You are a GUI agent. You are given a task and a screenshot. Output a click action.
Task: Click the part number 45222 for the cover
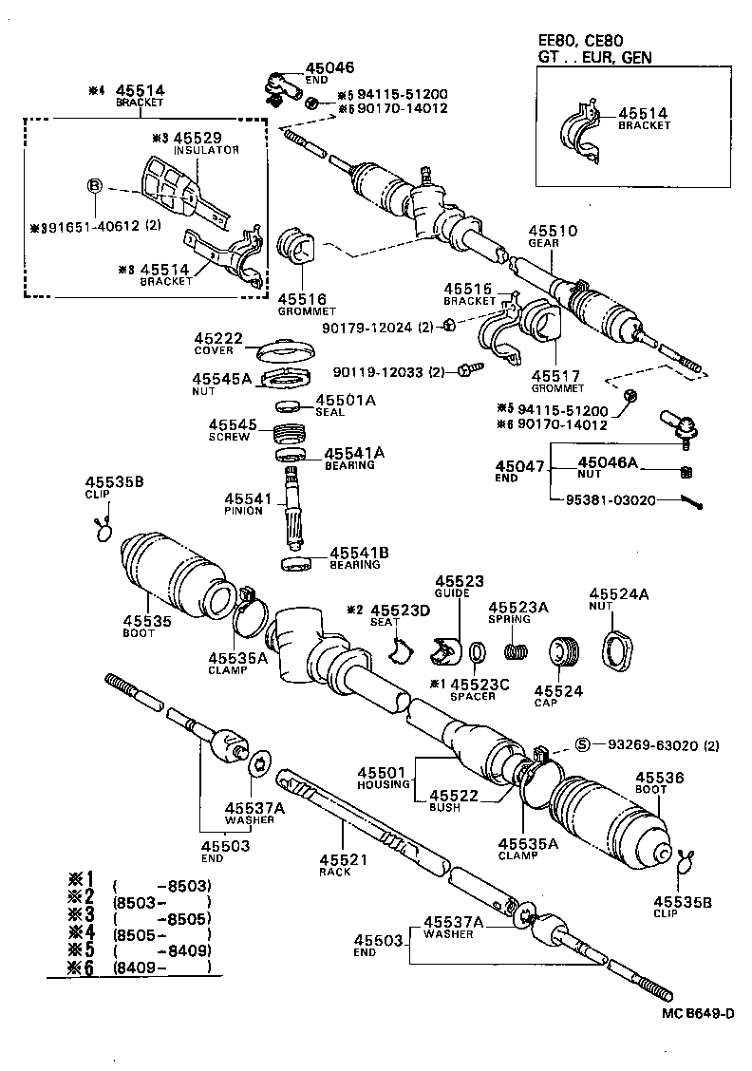tap(218, 338)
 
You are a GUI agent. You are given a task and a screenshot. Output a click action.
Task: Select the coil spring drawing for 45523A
tap(516, 652)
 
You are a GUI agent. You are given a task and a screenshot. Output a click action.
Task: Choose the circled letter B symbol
tap(95, 186)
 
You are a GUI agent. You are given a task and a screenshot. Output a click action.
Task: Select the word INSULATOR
tap(206, 150)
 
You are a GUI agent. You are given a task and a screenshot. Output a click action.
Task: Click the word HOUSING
tap(383, 784)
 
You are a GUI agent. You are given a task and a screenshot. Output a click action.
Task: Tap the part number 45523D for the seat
tap(396, 610)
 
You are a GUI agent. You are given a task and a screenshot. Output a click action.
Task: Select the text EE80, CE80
tap(579, 41)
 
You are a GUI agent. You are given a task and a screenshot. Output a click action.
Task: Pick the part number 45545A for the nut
tap(222, 379)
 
